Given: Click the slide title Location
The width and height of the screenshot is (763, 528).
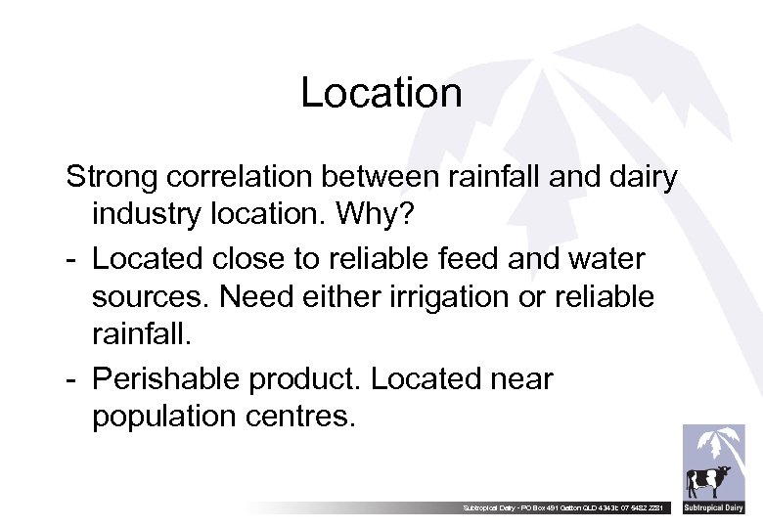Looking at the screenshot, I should tap(381, 93).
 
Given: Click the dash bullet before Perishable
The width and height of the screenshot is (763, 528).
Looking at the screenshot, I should tap(72, 378).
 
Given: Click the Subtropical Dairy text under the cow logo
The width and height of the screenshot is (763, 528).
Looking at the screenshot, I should tap(713, 507).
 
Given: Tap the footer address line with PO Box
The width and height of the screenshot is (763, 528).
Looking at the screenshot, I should tap(567, 507).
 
